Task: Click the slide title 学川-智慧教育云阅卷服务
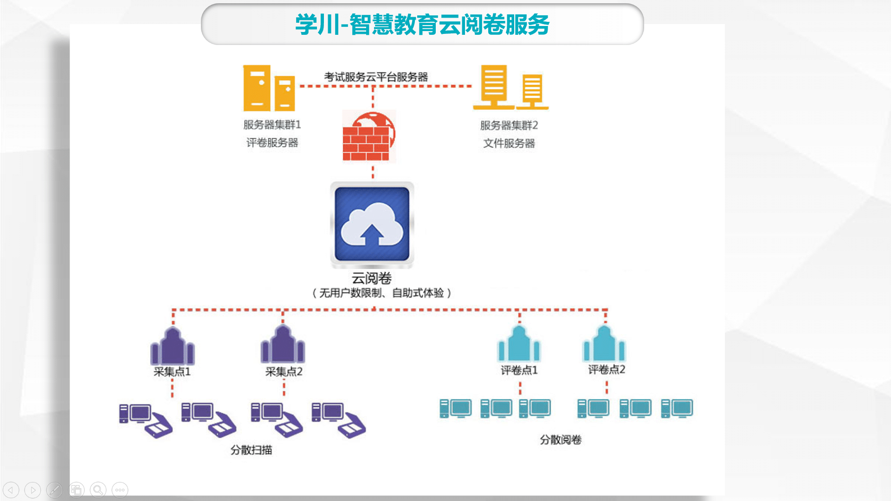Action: point(422,25)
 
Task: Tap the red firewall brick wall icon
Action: point(368,137)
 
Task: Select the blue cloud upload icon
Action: point(372,224)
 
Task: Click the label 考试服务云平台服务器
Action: point(376,77)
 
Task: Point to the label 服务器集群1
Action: point(272,125)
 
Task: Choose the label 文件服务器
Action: point(509,143)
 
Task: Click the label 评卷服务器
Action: point(272,143)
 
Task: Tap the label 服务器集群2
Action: point(509,125)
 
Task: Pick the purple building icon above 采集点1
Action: point(172,346)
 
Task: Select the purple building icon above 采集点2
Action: point(283,345)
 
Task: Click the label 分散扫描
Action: point(251,450)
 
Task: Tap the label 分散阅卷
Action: point(561,440)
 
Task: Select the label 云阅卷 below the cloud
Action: point(371,278)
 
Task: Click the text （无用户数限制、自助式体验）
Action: point(381,293)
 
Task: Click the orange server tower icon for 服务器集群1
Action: point(269,88)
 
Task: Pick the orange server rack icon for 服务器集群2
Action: point(510,88)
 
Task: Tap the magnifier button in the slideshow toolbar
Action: point(98,490)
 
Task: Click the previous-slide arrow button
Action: point(11,490)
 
